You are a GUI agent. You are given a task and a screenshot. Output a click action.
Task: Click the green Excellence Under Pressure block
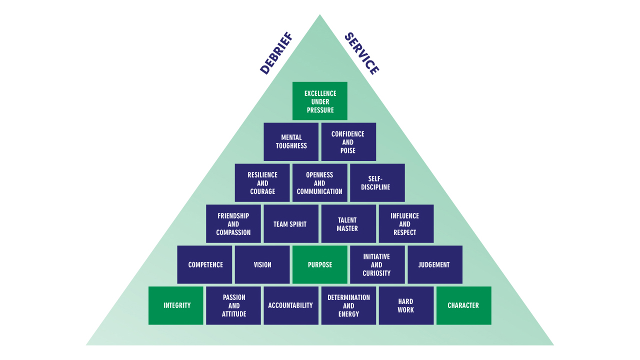pos(320,101)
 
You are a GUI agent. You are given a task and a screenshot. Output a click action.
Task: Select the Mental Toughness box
pos(291,141)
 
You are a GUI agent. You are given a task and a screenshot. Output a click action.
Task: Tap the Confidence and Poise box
pos(348,141)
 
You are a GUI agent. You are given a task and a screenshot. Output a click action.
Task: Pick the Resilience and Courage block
pos(262,182)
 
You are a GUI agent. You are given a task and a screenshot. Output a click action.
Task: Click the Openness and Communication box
pos(320,182)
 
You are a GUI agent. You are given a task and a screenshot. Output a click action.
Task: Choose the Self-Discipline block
pos(377,182)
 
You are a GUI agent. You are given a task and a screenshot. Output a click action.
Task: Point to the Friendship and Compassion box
pos(233,223)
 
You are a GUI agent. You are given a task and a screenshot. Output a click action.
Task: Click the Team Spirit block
pos(291,223)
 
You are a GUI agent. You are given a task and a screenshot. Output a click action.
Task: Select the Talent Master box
pos(348,223)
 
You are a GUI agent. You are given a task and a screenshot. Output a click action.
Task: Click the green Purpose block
pos(320,264)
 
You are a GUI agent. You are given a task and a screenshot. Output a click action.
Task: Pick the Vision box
pos(262,264)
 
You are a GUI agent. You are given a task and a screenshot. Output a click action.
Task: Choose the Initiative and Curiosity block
pos(377,264)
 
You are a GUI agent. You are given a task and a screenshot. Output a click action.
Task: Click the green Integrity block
pos(176,305)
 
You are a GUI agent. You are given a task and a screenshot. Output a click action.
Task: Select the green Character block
pos(463,305)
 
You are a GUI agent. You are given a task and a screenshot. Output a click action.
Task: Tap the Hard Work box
pos(406,305)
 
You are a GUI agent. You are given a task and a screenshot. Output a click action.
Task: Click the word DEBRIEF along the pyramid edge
pos(276,53)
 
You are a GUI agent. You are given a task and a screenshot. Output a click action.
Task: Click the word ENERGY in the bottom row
pos(348,314)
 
